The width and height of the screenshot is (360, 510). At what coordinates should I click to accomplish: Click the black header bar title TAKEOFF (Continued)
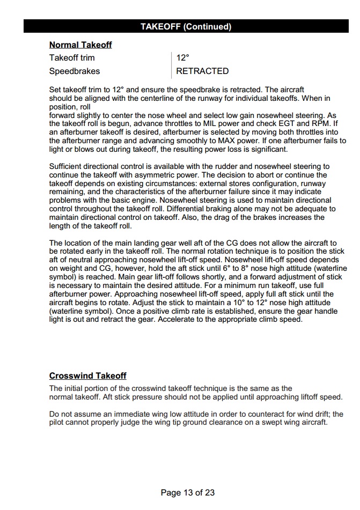186,26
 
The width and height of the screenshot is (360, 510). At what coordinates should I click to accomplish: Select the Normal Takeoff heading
80,45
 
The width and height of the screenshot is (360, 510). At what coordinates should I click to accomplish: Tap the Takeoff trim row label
72,58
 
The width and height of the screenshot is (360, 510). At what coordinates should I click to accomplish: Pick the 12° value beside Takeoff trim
182,58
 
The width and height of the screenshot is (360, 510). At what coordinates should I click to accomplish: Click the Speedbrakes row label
75,71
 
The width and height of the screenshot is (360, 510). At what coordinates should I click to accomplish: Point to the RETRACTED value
202,71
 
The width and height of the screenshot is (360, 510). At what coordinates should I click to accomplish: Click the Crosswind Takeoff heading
87,375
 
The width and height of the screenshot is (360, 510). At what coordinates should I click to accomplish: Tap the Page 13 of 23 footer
187,492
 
